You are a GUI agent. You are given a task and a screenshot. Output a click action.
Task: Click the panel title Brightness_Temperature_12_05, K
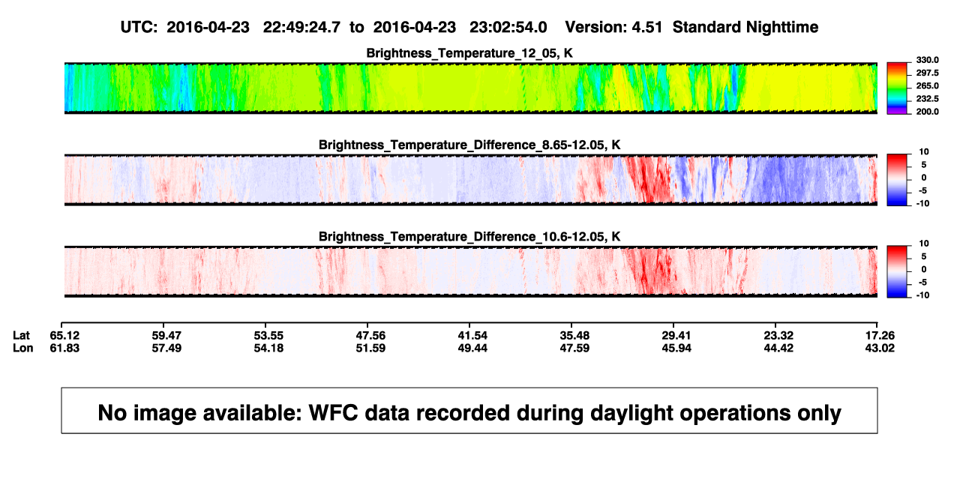coord(469,53)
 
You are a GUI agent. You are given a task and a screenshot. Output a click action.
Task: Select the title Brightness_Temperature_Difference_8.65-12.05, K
coord(469,145)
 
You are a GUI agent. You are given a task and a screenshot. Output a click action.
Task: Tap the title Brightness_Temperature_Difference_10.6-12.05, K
coord(469,237)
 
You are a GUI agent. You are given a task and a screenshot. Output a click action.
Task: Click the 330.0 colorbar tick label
coord(927,60)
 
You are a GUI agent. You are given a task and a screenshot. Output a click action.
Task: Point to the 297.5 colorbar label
coord(927,73)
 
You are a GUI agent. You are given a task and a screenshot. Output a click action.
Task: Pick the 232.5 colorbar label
coord(927,99)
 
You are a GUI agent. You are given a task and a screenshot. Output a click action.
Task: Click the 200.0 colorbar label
coord(927,112)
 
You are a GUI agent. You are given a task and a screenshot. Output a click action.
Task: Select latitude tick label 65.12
coord(64,336)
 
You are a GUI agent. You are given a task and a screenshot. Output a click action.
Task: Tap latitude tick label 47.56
coord(370,336)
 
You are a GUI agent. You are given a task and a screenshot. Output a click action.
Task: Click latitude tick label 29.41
coord(676,336)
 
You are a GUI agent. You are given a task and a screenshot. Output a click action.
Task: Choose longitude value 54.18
coord(268,348)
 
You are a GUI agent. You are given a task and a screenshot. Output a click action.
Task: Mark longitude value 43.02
coord(880,348)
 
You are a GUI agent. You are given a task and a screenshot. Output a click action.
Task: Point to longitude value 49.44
coord(472,348)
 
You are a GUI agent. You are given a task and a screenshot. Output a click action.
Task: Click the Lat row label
coord(21,336)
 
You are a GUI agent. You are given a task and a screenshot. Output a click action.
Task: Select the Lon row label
coord(23,348)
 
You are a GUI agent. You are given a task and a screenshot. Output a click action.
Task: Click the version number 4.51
coord(646,28)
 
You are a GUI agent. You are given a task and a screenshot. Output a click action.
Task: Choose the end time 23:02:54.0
coord(508,28)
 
